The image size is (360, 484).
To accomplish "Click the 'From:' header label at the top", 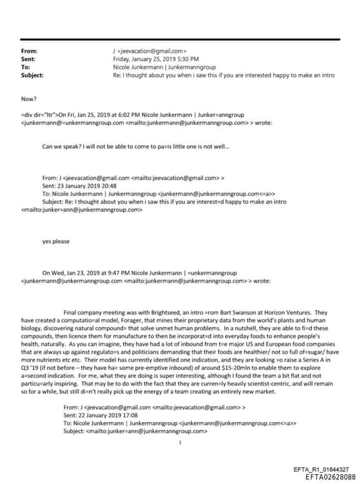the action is pyautogui.click(x=30, y=51).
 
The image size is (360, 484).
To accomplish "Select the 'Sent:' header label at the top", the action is pyautogui.click(x=30, y=59).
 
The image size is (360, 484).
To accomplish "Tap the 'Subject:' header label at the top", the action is pyautogui.click(x=32, y=75).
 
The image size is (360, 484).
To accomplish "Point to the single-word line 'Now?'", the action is pyautogui.click(x=30, y=98).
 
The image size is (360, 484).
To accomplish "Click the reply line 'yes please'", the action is pyautogui.click(x=56, y=241).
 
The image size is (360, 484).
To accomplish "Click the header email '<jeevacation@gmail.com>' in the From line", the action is pyautogui.click(x=151, y=51).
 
